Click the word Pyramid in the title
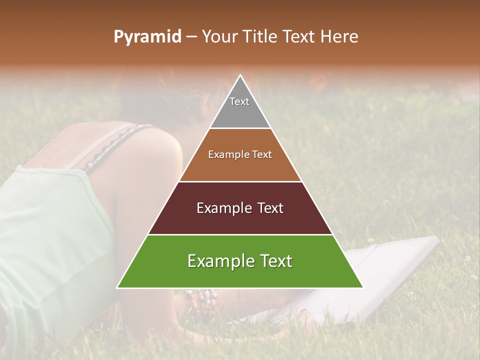click(147, 37)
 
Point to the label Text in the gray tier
click(239, 101)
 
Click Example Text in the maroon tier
click(240, 208)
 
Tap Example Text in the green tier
click(240, 261)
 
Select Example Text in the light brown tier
click(240, 154)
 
